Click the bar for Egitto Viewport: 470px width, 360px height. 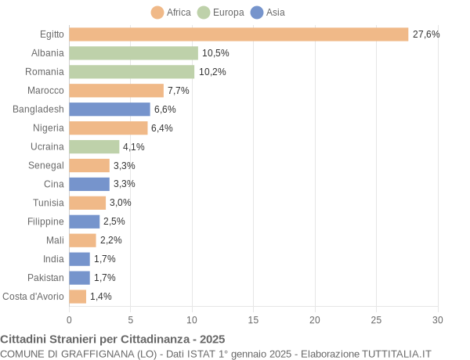[x=239, y=34]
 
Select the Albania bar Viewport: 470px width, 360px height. [x=133, y=53]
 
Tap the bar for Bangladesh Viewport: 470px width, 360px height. [x=110, y=110]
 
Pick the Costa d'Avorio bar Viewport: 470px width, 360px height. [x=78, y=297]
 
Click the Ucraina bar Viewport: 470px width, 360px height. [x=94, y=146]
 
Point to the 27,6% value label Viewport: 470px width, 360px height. [x=426, y=34]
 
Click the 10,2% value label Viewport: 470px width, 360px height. [x=212, y=72]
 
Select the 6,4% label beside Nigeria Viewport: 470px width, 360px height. [x=162, y=128]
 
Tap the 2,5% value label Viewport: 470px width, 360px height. [x=114, y=221]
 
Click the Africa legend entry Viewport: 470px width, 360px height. [x=171, y=13]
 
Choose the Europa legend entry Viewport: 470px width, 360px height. [x=220, y=13]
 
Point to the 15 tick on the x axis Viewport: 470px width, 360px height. [x=253, y=319]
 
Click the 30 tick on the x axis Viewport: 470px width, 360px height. [x=438, y=319]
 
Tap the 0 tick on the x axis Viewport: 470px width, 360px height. [x=69, y=319]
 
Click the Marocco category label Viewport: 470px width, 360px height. [x=45, y=91]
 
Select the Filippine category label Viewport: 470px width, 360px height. [x=45, y=221]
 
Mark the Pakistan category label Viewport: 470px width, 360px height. [x=45, y=278]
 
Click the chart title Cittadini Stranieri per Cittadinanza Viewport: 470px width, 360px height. [x=112, y=339]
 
